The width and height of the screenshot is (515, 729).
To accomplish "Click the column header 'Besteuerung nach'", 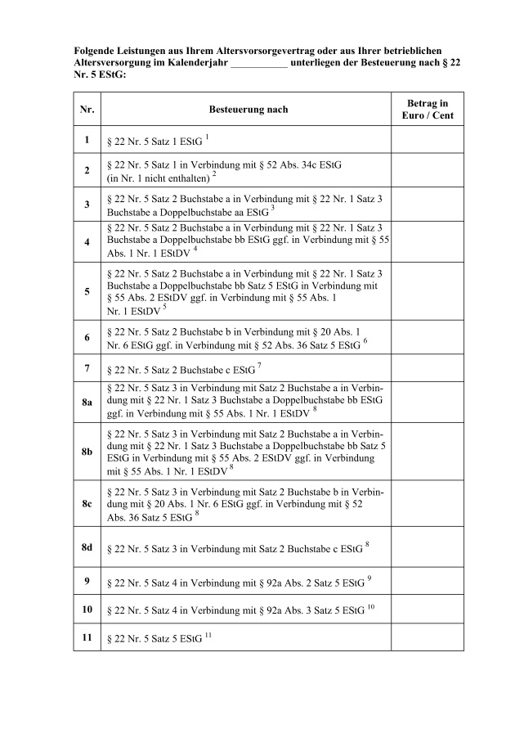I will [249, 109].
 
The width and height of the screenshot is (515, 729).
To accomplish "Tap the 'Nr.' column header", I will [87, 109].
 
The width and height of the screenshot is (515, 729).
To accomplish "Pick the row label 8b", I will [87, 451].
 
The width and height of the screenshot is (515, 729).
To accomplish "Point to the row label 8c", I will [87, 503].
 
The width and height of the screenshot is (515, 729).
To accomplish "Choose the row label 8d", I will [87, 546].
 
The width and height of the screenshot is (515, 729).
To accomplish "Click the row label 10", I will [87, 610].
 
